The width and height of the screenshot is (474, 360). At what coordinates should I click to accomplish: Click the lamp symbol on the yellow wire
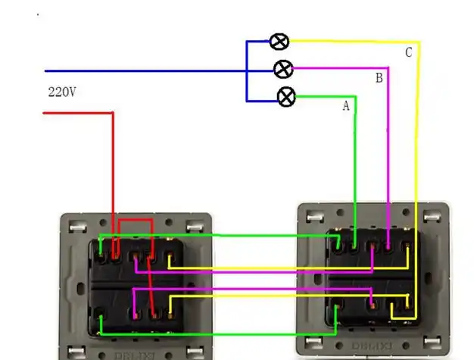tap(279, 42)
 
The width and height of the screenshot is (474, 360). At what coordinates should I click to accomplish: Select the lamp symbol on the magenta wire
tap(282, 70)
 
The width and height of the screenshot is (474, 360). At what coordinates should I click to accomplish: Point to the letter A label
tap(346, 106)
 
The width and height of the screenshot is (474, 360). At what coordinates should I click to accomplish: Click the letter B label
tap(379, 78)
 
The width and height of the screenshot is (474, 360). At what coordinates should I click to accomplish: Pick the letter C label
tap(408, 52)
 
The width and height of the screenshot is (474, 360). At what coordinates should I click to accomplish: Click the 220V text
tap(62, 92)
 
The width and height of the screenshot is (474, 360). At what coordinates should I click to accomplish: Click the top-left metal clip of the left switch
tap(76, 226)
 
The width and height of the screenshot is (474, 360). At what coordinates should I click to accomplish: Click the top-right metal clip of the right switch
tap(433, 218)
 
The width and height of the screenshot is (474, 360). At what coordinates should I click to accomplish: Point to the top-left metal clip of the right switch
tap(312, 218)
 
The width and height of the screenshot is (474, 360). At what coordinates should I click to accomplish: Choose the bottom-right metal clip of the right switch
tap(433, 345)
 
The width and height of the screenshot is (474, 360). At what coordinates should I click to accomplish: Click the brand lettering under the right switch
tap(373, 353)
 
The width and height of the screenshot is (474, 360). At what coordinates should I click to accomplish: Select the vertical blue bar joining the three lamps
tap(246, 70)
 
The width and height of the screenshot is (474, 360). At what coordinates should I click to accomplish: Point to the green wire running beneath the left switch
tap(212, 333)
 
